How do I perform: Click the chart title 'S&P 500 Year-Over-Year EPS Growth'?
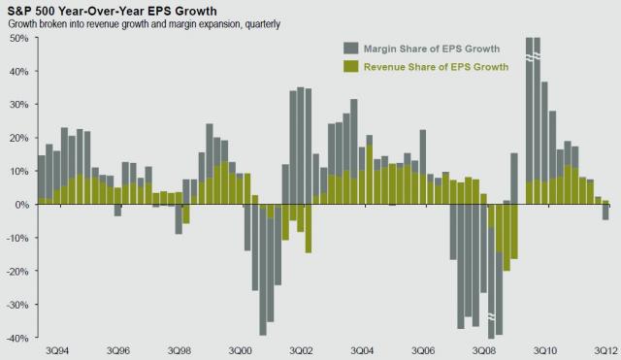113,10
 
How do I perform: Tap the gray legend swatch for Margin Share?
350,48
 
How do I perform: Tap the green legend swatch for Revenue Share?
350,66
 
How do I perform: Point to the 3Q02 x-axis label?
301,349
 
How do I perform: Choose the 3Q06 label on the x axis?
424,349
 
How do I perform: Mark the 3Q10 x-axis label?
546,349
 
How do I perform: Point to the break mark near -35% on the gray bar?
494,316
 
